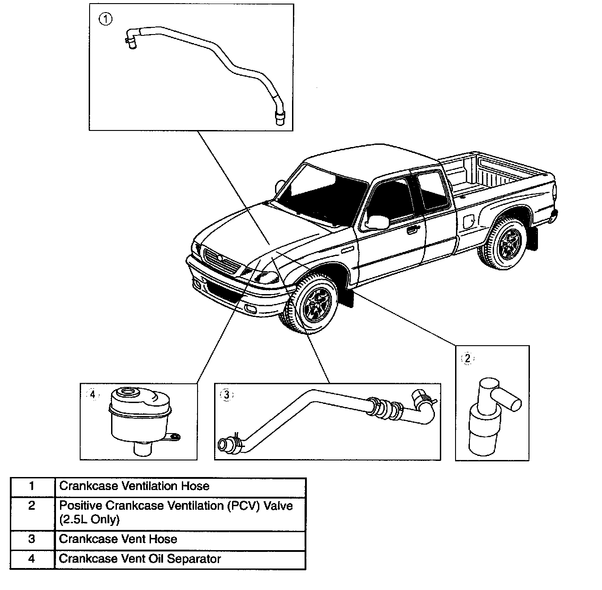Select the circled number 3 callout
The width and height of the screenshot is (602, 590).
(227, 395)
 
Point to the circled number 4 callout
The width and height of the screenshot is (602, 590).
(92, 395)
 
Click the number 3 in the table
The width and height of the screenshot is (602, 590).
(31, 539)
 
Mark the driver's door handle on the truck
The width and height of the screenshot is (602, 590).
(410, 231)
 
